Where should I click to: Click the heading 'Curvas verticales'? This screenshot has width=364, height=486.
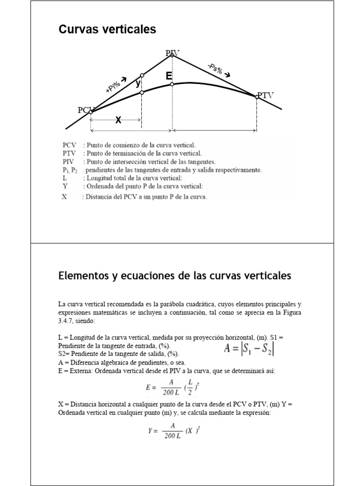pos(107,30)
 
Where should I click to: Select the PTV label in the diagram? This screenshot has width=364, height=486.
pos(265,95)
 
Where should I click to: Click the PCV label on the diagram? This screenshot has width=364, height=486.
pos(86,110)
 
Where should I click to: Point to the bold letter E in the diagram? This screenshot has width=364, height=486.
pos(169,76)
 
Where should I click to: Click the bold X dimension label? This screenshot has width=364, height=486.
pos(118,121)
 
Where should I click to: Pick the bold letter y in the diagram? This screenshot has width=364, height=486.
pos(137,84)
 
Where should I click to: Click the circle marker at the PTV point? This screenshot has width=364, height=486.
pos(257,97)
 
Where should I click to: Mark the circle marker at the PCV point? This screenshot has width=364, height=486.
pos(91,112)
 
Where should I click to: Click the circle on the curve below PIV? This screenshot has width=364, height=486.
pos(172,84)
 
